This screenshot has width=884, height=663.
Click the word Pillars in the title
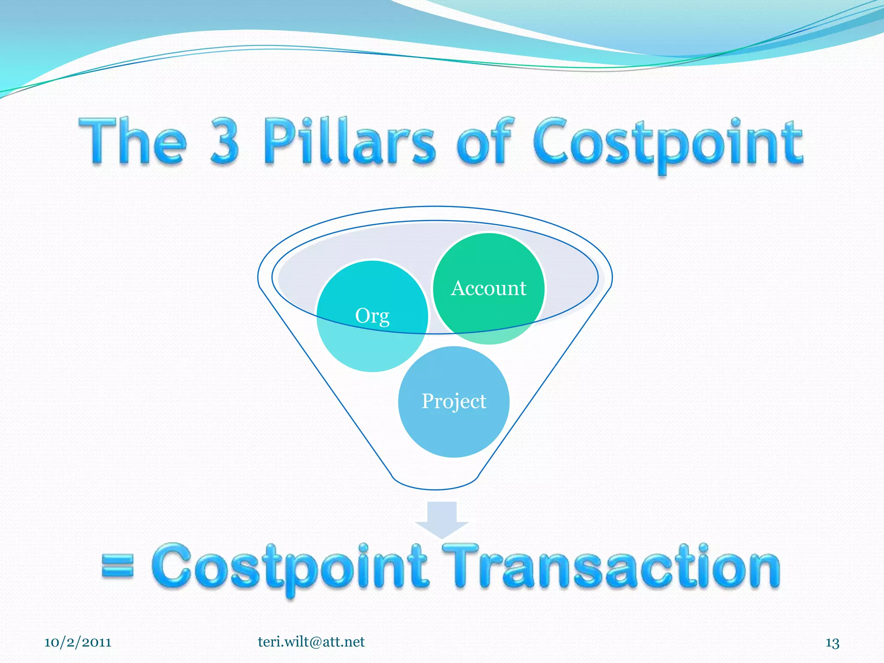[349, 141]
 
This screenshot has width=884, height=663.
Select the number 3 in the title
[224, 141]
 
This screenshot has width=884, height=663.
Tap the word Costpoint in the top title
[668, 142]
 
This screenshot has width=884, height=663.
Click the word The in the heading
[133, 141]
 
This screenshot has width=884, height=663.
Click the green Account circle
[489, 263]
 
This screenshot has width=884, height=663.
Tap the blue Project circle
[454, 427]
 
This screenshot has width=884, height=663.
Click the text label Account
[489, 288]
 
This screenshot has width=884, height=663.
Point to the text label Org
[372, 316]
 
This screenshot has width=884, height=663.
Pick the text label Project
[454, 401]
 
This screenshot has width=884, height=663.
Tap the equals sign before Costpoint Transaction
[117, 566]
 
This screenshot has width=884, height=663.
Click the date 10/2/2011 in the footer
[78, 642]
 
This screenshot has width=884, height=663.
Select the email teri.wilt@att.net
[311, 641]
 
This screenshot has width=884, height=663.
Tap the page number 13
[832, 643]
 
